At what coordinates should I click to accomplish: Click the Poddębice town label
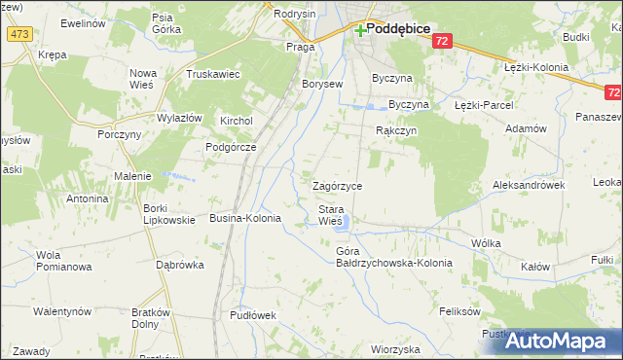(x=399, y=29)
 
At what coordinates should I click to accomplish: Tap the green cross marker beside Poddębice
(x=361, y=30)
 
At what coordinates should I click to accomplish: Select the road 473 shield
(x=18, y=34)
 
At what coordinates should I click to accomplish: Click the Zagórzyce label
(x=337, y=186)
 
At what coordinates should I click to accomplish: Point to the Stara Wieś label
(x=330, y=215)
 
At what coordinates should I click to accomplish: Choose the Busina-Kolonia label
(x=245, y=219)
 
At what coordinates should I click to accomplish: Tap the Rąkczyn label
(x=396, y=129)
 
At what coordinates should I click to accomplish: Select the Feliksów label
(x=460, y=312)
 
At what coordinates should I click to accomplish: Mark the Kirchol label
(x=237, y=121)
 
